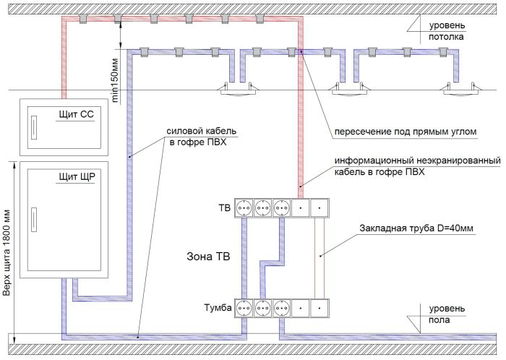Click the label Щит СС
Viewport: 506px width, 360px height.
76,114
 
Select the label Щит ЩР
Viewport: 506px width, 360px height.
77,177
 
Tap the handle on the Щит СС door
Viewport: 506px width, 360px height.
33,127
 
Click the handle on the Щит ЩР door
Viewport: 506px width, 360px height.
33,220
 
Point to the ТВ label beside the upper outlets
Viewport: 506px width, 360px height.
225,208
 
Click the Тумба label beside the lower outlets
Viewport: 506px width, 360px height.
218,308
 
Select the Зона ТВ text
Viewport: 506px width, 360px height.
208,257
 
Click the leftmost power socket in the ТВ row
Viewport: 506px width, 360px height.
244,208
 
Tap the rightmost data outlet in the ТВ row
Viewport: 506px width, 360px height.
320,208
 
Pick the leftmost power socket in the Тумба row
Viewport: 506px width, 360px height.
244,309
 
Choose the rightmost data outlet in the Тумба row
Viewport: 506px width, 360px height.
320,309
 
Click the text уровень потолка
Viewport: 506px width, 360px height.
447,31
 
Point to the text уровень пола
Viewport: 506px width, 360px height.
447,314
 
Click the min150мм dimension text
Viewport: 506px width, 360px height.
115,81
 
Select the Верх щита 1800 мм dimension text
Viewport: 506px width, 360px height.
7,253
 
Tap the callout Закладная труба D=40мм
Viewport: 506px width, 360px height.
416,228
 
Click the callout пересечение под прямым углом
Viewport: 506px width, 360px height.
406,132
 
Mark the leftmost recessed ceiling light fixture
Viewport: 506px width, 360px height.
239,90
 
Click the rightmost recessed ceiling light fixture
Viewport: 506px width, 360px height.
462,90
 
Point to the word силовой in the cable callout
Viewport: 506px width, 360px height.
183,132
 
